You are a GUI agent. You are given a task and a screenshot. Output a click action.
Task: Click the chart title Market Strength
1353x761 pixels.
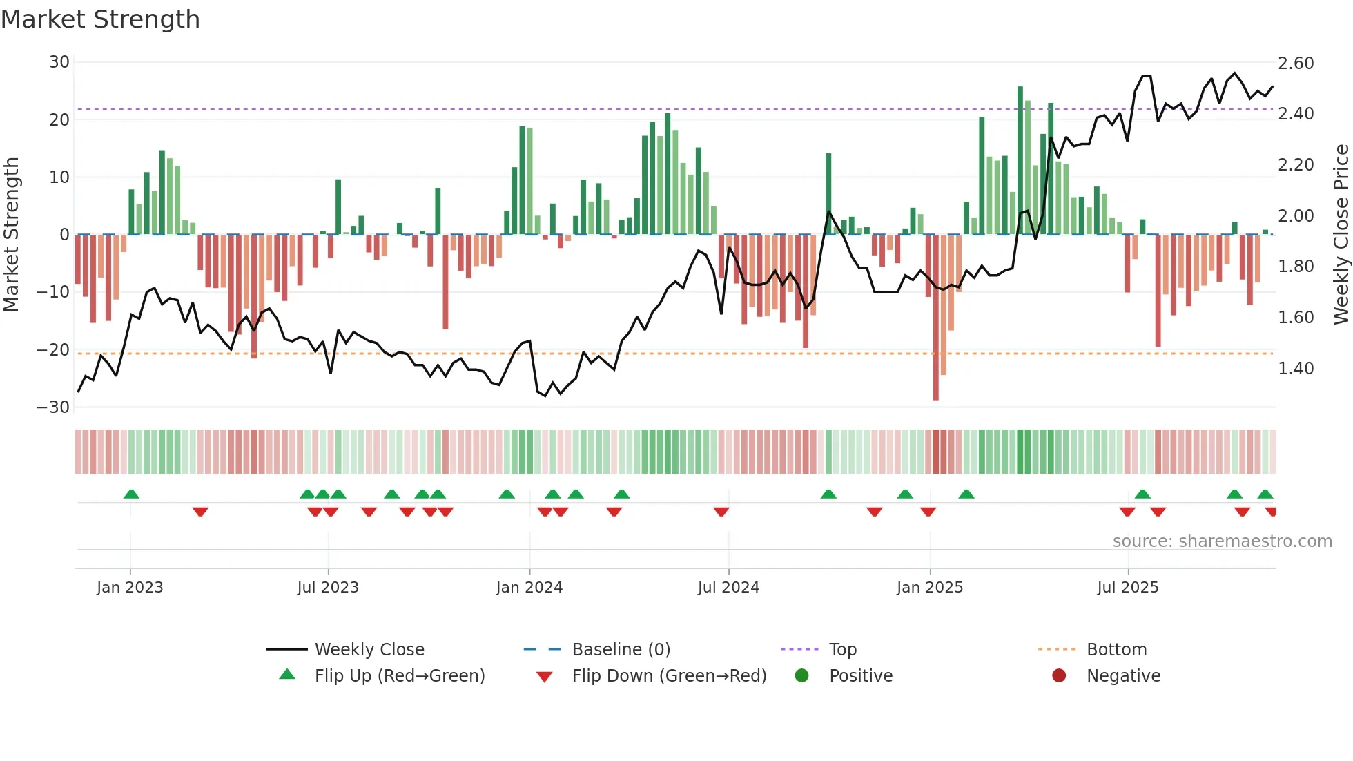[x=100, y=19]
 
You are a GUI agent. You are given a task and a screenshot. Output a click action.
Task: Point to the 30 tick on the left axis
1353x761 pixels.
[x=59, y=62]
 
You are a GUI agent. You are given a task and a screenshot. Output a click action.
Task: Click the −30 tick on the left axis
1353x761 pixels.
[x=53, y=407]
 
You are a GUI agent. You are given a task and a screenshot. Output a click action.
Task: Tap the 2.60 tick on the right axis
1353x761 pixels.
[x=1296, y=64]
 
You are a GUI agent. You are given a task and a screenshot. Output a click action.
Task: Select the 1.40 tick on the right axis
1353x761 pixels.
[x=1296, y=369]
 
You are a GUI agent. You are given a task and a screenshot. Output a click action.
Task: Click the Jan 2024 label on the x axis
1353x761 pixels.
[x=529, y=588]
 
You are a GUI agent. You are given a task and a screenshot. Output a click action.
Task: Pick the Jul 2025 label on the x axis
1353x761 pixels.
[x=1127, y=588]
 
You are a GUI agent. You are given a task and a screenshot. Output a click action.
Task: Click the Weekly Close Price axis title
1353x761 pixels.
[x=1341, y=235]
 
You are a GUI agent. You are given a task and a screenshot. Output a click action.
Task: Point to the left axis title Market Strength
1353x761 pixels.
[x=12, y=235]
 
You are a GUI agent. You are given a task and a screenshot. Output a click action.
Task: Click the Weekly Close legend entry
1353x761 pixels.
[x=369, y=650]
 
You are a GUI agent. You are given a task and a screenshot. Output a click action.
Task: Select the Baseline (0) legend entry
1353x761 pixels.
[x=621, y=650]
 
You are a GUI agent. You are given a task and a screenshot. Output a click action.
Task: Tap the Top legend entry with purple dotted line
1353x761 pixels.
[x=842, y=650]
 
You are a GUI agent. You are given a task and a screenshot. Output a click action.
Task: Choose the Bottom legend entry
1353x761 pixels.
[x=1116, y=650]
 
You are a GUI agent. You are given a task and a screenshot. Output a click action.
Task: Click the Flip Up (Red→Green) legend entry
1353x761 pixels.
[x=399, y=676]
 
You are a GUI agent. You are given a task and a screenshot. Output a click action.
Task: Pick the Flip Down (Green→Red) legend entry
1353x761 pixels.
[x=668, y=676]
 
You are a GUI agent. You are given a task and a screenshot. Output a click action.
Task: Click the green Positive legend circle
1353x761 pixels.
[x=801, y=676]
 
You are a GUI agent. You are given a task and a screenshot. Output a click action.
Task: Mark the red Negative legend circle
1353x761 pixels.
[x=1059, y=676]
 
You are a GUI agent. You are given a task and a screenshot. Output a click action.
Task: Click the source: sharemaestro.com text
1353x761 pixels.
[x=1222, y=541]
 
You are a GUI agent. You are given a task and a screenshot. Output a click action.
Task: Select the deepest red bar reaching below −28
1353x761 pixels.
[x=935, y=318]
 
